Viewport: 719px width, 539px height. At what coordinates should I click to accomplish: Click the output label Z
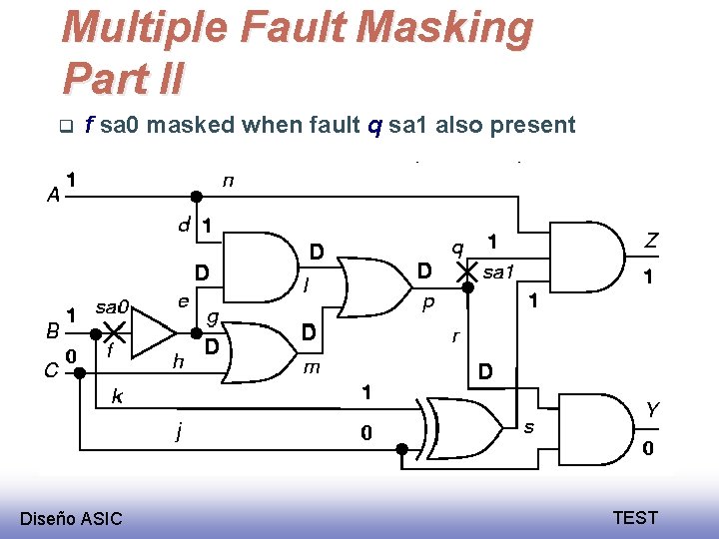(651, 241)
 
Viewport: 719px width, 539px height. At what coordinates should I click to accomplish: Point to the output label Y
(651, 410)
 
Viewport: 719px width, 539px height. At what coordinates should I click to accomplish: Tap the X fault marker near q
(466, 269)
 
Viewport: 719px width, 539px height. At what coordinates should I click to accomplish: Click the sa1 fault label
(496, 270)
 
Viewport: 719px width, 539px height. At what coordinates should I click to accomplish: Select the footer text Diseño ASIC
(72, 518)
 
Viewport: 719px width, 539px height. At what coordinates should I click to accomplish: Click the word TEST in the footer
(635, 517)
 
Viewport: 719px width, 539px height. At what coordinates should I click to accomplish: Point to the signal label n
(229, 181)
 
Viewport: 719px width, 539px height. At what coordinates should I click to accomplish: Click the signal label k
(117, 397)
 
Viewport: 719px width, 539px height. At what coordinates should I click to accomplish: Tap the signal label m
(311, 368)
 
